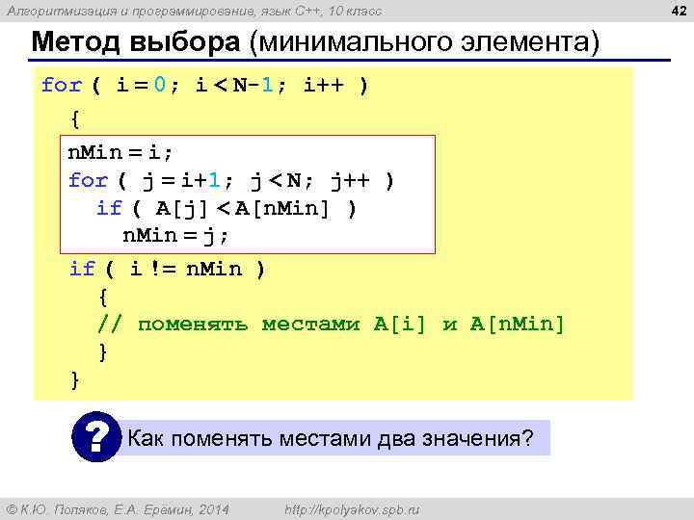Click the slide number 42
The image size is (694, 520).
(679, 11)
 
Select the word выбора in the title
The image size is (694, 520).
(187, 44)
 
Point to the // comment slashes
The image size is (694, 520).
(110, 324)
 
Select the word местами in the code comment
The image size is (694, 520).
(309, 324)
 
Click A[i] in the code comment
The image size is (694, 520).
(400, 324)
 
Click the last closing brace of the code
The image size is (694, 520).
(75, 379)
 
